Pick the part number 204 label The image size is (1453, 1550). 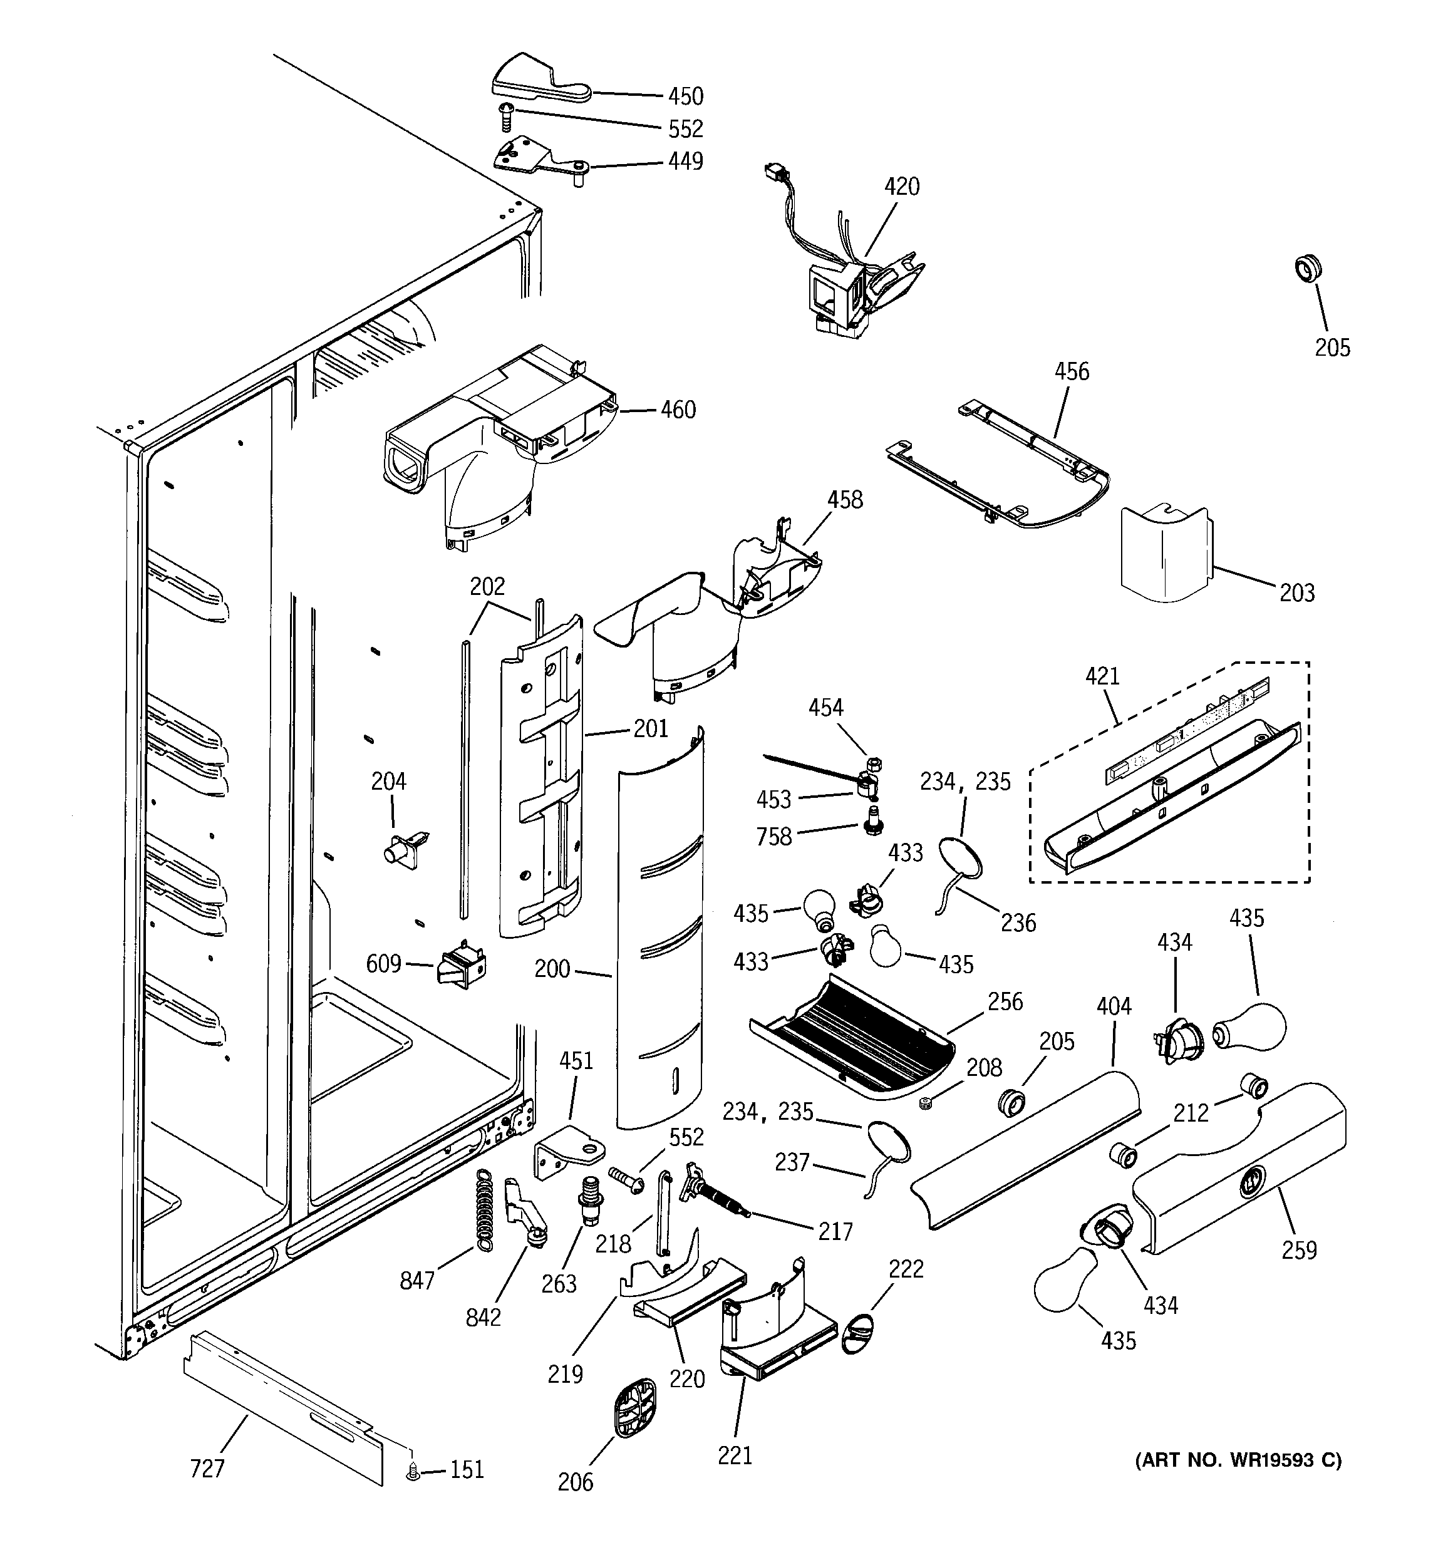(388, 781)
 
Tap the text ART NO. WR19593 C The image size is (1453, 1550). (1238, 1460)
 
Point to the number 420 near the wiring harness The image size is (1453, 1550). (902, 187)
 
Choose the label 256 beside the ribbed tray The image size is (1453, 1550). (1005, 1002)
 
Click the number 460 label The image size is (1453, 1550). (678, 410)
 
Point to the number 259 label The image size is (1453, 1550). (1298, 1250)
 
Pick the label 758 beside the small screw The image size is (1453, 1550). (773, 837)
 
